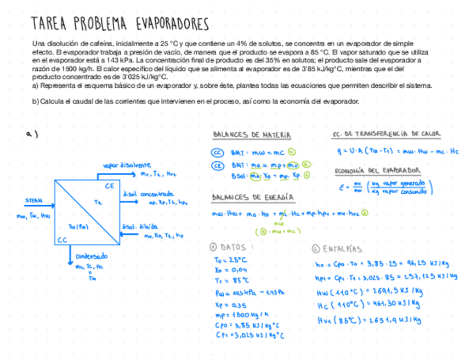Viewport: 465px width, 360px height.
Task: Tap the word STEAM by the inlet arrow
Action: click(34, 201)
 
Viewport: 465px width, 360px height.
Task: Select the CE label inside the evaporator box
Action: click(110, 186)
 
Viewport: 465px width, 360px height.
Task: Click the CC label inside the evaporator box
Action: click(62, 240)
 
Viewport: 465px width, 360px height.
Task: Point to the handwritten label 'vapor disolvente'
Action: click(127, 165)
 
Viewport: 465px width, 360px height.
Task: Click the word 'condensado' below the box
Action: click(92, 256)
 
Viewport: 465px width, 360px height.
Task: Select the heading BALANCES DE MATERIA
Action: click(252, 135)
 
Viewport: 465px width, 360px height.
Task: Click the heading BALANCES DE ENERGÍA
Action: click(253, 198)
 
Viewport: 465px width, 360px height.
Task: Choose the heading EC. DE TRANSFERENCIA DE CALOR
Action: click(386, 134)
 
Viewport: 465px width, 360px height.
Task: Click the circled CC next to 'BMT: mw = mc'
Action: click(218, 153)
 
